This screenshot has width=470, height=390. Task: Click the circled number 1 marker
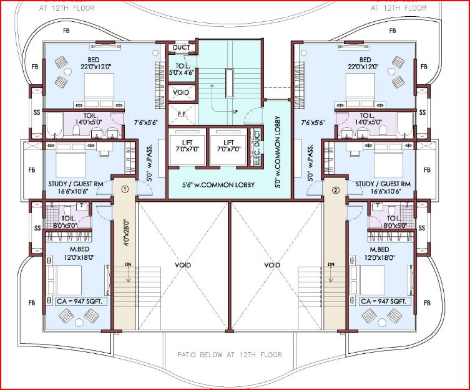point(124,189)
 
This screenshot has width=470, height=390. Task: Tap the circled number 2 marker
point(335,190)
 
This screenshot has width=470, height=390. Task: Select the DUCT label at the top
point(182,47)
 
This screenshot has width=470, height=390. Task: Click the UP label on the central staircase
point(235,112)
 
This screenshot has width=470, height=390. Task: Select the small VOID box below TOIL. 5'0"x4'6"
point(182,92)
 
